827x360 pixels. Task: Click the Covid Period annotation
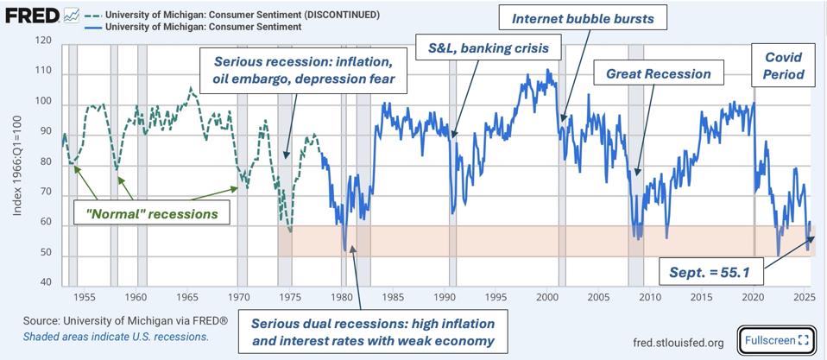784,66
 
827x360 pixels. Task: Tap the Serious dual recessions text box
372,332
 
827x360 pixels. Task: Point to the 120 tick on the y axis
44,41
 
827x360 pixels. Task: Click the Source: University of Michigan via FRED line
126,320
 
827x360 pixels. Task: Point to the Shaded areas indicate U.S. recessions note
116,337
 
